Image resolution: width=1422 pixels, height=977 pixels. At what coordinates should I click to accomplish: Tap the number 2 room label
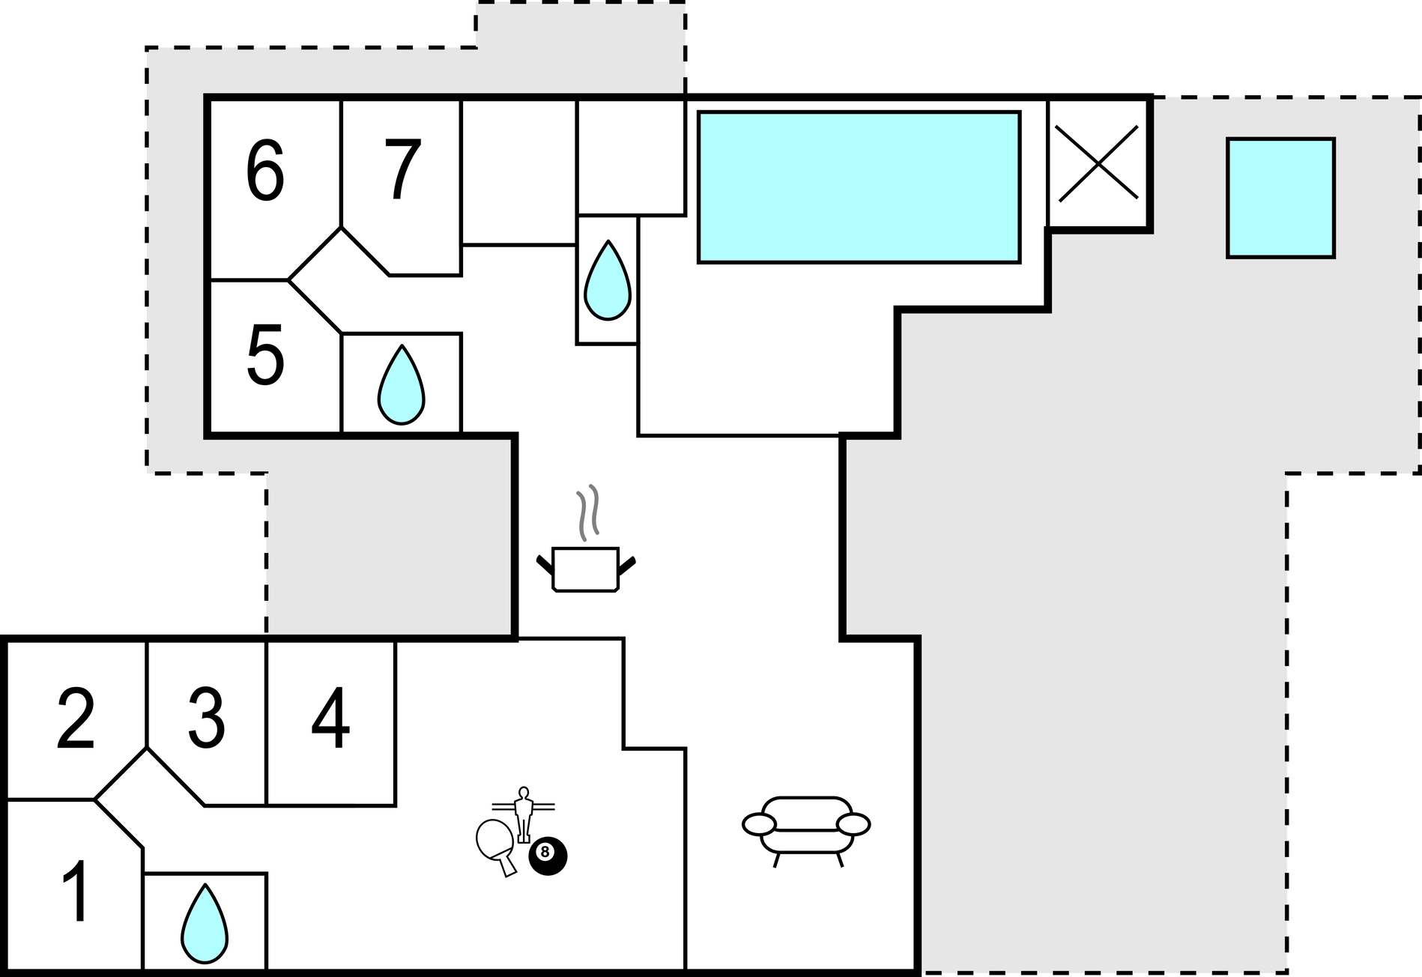click(x=76, y=719)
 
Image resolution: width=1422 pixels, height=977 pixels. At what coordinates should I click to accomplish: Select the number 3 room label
click(x=206, y=719)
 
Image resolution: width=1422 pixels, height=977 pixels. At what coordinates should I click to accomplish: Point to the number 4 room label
click(x=330, y=719)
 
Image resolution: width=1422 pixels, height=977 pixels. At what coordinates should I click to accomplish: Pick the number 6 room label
click(x=265, y=171)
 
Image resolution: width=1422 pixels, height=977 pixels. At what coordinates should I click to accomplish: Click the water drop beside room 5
click(x=401, y=384)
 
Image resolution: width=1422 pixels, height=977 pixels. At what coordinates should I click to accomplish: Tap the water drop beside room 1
click(x=205, y=924)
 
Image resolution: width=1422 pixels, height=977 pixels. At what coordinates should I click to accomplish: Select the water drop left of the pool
click(x=607, y=280)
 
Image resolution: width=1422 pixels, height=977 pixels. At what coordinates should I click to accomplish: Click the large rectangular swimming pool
click(x=859, y=187)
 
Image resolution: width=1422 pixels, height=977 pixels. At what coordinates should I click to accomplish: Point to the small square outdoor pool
click(x=1281, y=198)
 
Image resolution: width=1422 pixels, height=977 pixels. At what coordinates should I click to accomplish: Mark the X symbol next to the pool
click(x=1098, y=163)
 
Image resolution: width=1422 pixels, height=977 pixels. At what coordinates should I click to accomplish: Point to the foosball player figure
click(x=524, y=814)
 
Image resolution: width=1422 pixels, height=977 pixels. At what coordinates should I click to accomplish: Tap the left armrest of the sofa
click(x=759, y=823)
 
